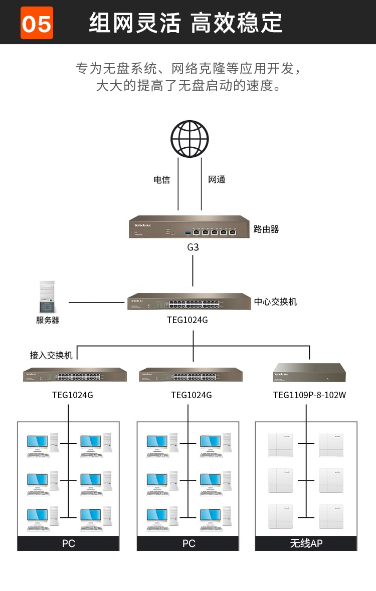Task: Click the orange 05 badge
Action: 37,23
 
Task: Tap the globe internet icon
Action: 190,139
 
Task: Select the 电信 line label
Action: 161,180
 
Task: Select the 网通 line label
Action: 217,180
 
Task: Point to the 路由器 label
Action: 266,229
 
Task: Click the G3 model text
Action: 193,247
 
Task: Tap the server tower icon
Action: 48,297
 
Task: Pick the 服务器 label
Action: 48,320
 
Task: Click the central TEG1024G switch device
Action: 189,302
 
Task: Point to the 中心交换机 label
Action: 275,302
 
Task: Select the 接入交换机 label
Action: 51,355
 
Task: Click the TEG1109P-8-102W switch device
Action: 309,373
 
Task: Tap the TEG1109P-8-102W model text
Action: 309,395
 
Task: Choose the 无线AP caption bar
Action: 306,543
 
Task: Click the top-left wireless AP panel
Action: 280,445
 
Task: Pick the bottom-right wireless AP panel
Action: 331,516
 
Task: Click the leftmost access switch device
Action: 75,375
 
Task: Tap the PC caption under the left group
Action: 68,543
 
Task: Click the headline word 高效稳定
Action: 237,23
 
